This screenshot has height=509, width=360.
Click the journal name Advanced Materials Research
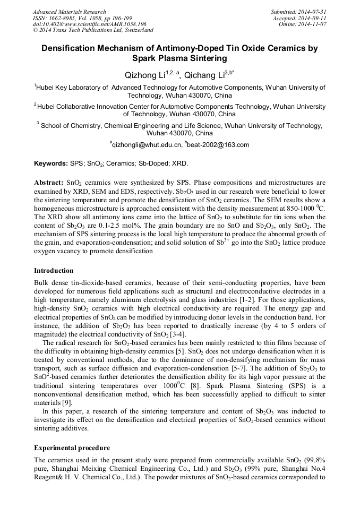(70, 12)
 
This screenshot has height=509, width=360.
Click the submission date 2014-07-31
(313, 12)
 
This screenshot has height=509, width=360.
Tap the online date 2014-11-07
(313, 24)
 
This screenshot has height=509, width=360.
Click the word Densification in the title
(72, 48)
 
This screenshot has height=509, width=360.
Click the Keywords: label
(51, 163)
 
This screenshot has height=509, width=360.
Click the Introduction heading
(54, 271)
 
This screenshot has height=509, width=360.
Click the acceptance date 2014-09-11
(313, 18)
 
